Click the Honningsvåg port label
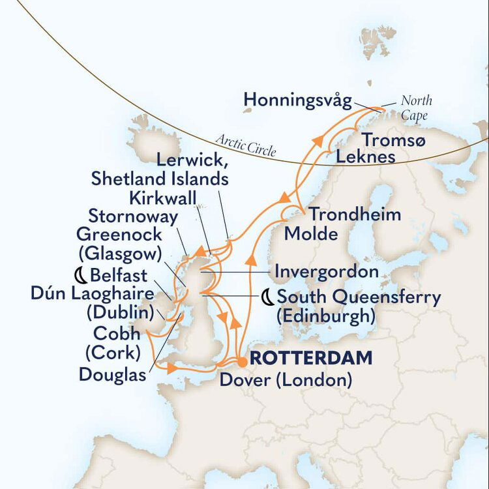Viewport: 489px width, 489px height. tap(297, 100)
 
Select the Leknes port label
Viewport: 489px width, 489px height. tap(366, 157)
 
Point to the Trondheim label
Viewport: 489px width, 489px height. tap(355, 215)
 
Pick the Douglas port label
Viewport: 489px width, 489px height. tap(111, 374)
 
